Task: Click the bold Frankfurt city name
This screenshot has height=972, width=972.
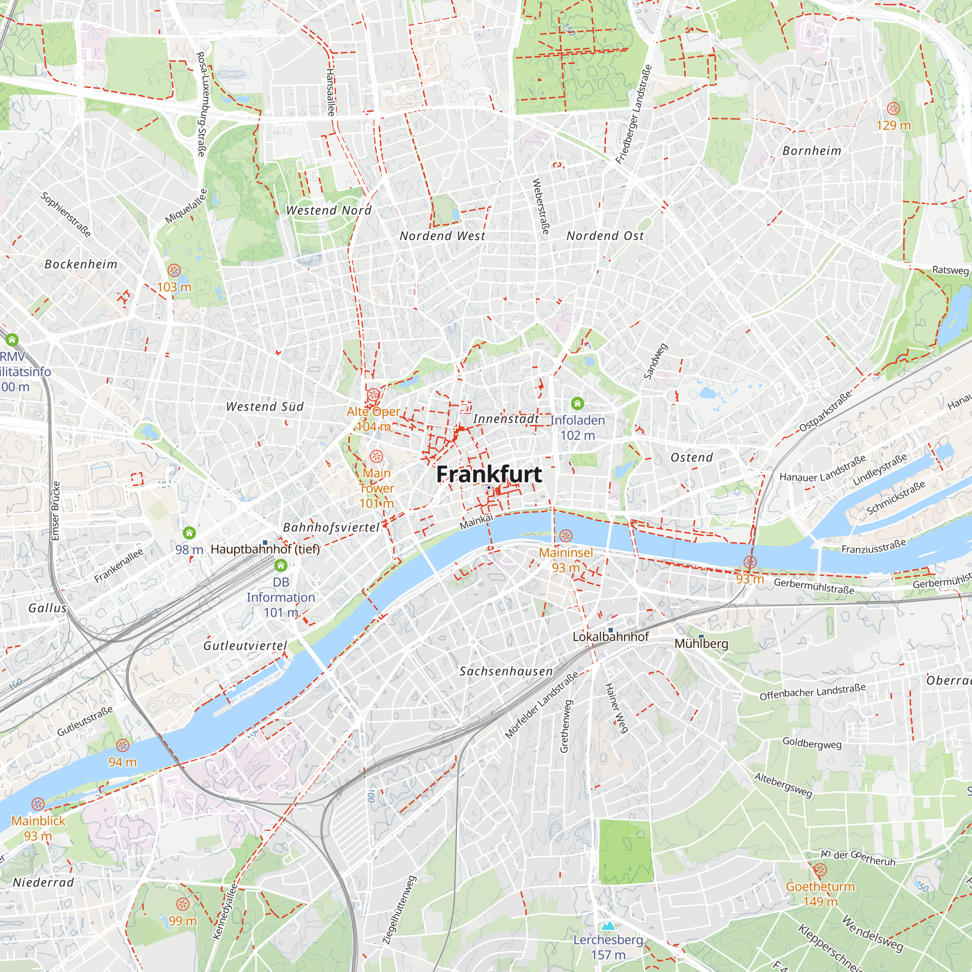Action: [488, 474]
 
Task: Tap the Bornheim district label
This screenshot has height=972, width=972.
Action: [812, 151]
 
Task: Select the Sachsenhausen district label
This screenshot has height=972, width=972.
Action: [506, 671]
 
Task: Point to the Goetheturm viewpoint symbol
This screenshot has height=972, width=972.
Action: [820, 870]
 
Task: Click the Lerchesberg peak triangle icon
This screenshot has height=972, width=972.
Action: [608, 926]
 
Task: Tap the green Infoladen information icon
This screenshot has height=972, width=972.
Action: [577, 403]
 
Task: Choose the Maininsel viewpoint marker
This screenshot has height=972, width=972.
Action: [566, 535]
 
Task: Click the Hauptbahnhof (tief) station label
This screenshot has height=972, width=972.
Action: [265, 549]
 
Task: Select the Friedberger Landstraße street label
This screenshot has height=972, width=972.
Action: [634, 114]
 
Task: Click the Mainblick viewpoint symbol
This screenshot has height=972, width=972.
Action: [38, 804]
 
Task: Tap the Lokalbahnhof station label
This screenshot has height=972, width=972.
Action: [611, 637]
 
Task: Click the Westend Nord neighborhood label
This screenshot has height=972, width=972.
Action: [329, 210]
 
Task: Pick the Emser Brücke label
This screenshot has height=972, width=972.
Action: [56, 511]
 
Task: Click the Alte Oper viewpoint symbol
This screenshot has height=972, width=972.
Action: [373, 395]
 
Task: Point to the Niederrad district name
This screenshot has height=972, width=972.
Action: [43, 883]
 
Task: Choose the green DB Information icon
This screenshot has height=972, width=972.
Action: [281, 566]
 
